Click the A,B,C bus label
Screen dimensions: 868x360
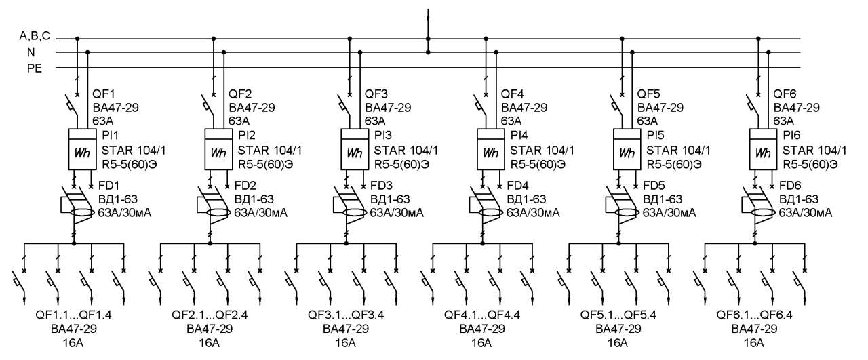click(35, 36)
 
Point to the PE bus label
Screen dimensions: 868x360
click(34, 68)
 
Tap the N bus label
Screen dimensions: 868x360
click(31, 52)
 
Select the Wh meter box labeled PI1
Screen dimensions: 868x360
click(83, 149)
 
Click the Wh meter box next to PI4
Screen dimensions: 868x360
click(490, 149)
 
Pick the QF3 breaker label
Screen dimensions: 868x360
click(376, 94)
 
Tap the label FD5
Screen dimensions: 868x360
click(654, 186)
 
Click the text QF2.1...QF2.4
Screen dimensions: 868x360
click(210, 315)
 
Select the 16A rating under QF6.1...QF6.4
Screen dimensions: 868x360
click(753, 343)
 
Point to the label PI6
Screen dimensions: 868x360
click(791, 135)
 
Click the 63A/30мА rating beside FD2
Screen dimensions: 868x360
click(261, 213)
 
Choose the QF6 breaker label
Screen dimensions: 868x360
click(785, 94)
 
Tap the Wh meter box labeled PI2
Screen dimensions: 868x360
click(218, 149)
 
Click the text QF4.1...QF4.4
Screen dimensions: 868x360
click(482, 315)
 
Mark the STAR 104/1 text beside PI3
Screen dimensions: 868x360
click(406, 150)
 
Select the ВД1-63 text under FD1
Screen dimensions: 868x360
click(118, 199)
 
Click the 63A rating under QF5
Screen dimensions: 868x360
click(648, 121)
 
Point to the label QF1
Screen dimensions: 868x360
click(104, 94)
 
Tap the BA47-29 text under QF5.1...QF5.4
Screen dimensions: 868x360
click(618, 329)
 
